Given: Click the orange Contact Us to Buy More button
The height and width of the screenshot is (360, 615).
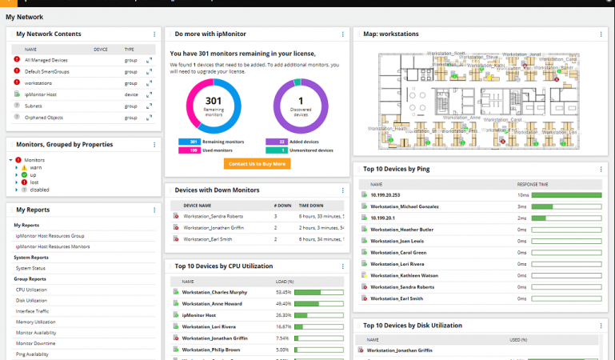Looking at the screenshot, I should (257, 164).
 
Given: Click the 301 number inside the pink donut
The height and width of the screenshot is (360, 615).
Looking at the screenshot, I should (213, 100).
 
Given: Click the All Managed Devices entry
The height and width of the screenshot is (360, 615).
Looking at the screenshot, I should (46, 60).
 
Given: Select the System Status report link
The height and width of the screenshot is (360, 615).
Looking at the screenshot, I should (30, 268).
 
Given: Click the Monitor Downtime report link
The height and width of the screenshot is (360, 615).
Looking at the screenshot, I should (36, 342).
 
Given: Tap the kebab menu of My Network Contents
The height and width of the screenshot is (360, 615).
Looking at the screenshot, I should (154, 34).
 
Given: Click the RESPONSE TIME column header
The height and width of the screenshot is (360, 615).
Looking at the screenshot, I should (533, 183).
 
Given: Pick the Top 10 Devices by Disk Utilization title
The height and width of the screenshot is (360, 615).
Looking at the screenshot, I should (413, 326).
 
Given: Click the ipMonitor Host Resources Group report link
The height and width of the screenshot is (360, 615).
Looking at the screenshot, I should (50, 236).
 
